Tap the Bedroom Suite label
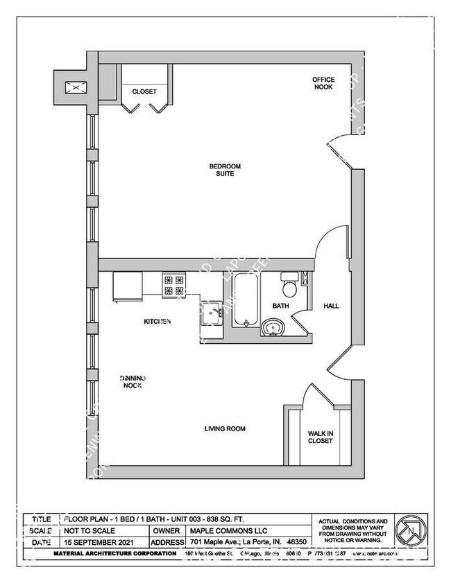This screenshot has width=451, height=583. (225, 170)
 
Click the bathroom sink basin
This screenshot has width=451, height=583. (272, 326)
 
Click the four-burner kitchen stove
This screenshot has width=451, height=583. (173, 285)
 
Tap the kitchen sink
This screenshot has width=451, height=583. (212, 313)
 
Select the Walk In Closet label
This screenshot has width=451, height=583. (321, 437)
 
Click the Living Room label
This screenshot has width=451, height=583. (225, 429)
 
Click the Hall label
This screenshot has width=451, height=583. (331, 306)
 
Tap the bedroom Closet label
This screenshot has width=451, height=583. (144, 92)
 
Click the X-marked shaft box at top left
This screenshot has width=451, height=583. (71, 87)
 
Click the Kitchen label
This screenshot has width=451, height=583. (158, 322)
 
